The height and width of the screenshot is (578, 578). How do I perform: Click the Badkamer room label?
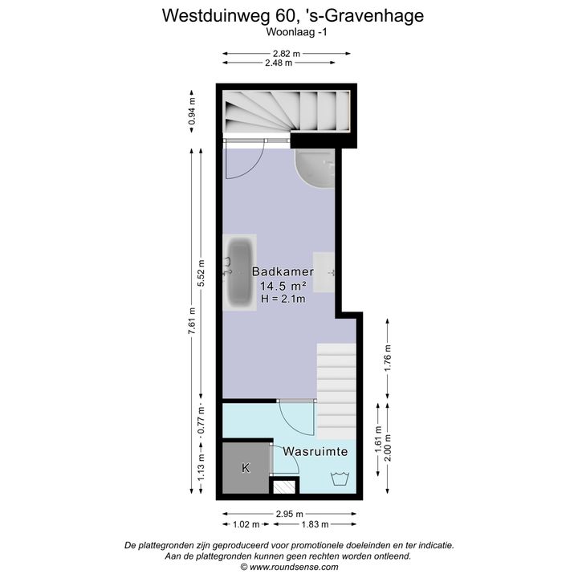283,271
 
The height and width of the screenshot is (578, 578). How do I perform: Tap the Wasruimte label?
315,451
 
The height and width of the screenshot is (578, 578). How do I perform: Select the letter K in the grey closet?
246,468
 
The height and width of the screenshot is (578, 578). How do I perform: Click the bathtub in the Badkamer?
240,272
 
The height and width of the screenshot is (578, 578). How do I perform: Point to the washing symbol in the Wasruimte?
340,478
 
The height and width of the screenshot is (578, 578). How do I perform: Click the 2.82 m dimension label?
287,54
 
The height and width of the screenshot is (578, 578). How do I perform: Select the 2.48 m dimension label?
279,63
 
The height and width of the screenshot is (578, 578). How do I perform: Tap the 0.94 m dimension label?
191,112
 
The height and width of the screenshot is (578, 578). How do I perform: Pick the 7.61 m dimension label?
191,320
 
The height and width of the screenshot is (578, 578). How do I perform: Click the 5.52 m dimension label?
201,273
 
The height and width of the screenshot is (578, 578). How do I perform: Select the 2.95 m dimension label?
289,514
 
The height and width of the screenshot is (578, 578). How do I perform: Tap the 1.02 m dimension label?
246,524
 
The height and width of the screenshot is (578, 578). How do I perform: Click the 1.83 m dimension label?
315,524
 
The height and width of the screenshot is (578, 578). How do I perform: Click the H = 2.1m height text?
283,299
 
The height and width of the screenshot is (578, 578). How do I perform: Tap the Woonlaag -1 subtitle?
296,32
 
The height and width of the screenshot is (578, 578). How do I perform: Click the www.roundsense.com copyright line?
289,567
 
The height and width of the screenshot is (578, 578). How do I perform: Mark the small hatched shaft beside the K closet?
284,487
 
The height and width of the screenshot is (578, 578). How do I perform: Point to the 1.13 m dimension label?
201,467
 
